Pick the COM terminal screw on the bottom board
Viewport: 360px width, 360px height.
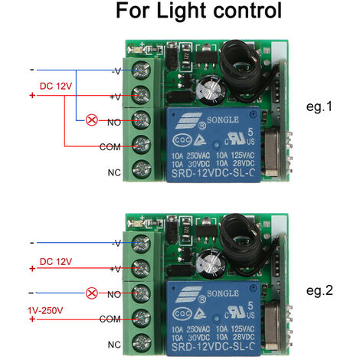[x=142, y=317]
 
